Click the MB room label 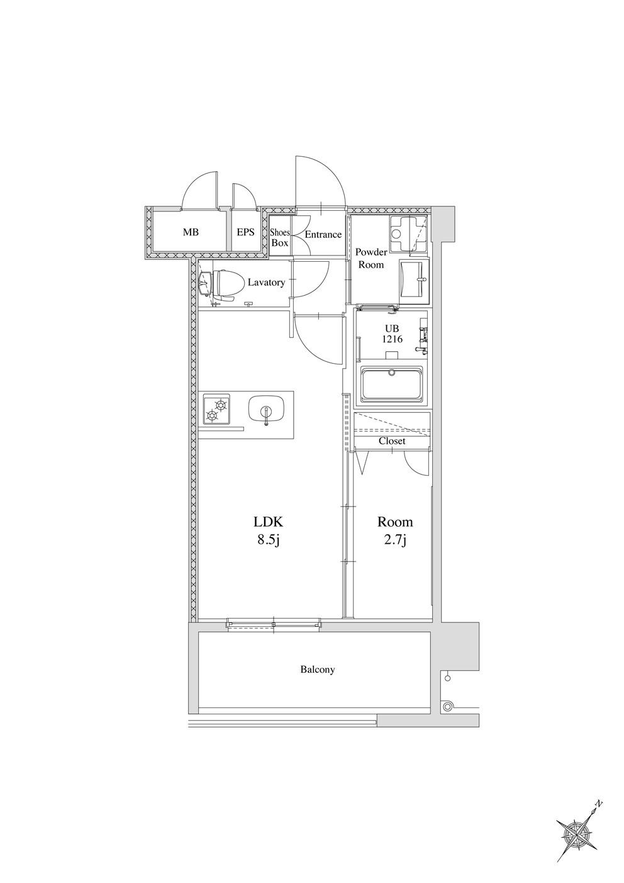pos(191,232)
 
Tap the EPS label pos(245,232)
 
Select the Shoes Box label pos(280,238)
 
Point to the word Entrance pos(323,235)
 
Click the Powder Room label pos(372,258)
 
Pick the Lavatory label pos(266,282)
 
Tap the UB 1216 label pos(393,334)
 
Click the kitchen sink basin pos(267,413)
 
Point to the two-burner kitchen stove pos(217,411)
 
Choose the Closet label pos(392,441)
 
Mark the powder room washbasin pos(414,281)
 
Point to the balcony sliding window pos(274,624)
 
